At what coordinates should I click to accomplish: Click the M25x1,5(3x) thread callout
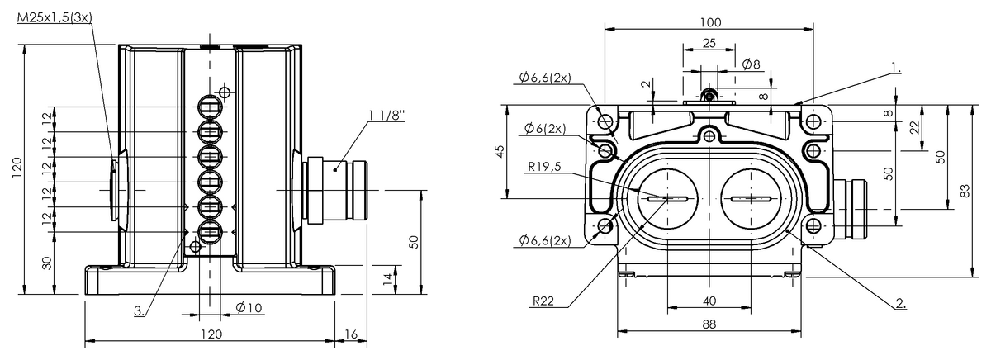(x=55, y=18)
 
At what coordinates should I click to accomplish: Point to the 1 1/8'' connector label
(x=386, y=116)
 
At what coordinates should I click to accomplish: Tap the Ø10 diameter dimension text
(x=249, y=307)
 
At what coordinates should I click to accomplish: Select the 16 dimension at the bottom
(x=351, y=334)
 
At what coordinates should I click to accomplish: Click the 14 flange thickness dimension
(x=387, y=278)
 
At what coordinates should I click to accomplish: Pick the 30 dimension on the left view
(x=47, y=263)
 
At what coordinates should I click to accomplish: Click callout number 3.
(x=139, y=311)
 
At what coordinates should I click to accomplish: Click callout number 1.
(x=895, y=68)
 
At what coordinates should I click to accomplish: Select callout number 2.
(x=901, y=303)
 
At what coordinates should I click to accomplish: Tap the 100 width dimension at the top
(x=710, y=22)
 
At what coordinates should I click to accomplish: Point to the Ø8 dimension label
(x=752, y=64)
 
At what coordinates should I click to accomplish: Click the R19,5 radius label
(x=544, y=166)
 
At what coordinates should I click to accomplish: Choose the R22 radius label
(x=543, y=301)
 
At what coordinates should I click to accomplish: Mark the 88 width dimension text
(x=709, y=324)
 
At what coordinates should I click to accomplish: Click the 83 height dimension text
(x=965, y=191)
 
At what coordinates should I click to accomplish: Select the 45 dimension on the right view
(x=500, y=151)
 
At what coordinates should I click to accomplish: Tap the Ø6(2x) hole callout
(x=545, y=129)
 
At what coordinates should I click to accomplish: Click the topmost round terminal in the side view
(x=210, y=107)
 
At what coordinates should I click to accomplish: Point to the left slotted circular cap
(x=667, y=198)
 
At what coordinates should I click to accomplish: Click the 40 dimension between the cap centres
(x=709, y=301)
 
